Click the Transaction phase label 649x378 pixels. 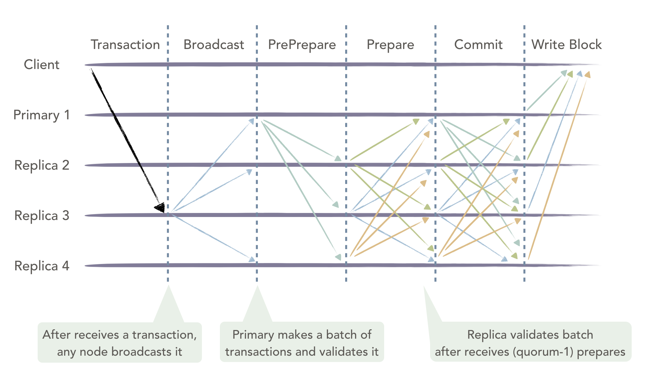[125, 45]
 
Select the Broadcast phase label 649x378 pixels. [214, 45]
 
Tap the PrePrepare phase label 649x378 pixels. [302, 45]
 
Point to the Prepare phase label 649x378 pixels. [390, 45]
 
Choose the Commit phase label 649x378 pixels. [478, 45]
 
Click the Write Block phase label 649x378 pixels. [566, 45]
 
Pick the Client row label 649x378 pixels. [42, 64]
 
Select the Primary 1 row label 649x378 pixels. [42, 115]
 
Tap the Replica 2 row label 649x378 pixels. [42, 165]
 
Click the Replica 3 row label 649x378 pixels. [42, 215]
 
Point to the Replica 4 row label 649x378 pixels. [42, 266]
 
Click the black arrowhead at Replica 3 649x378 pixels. [160, 207]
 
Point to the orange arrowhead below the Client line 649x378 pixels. [587, 75]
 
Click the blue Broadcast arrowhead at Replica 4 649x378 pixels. [252, 259]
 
